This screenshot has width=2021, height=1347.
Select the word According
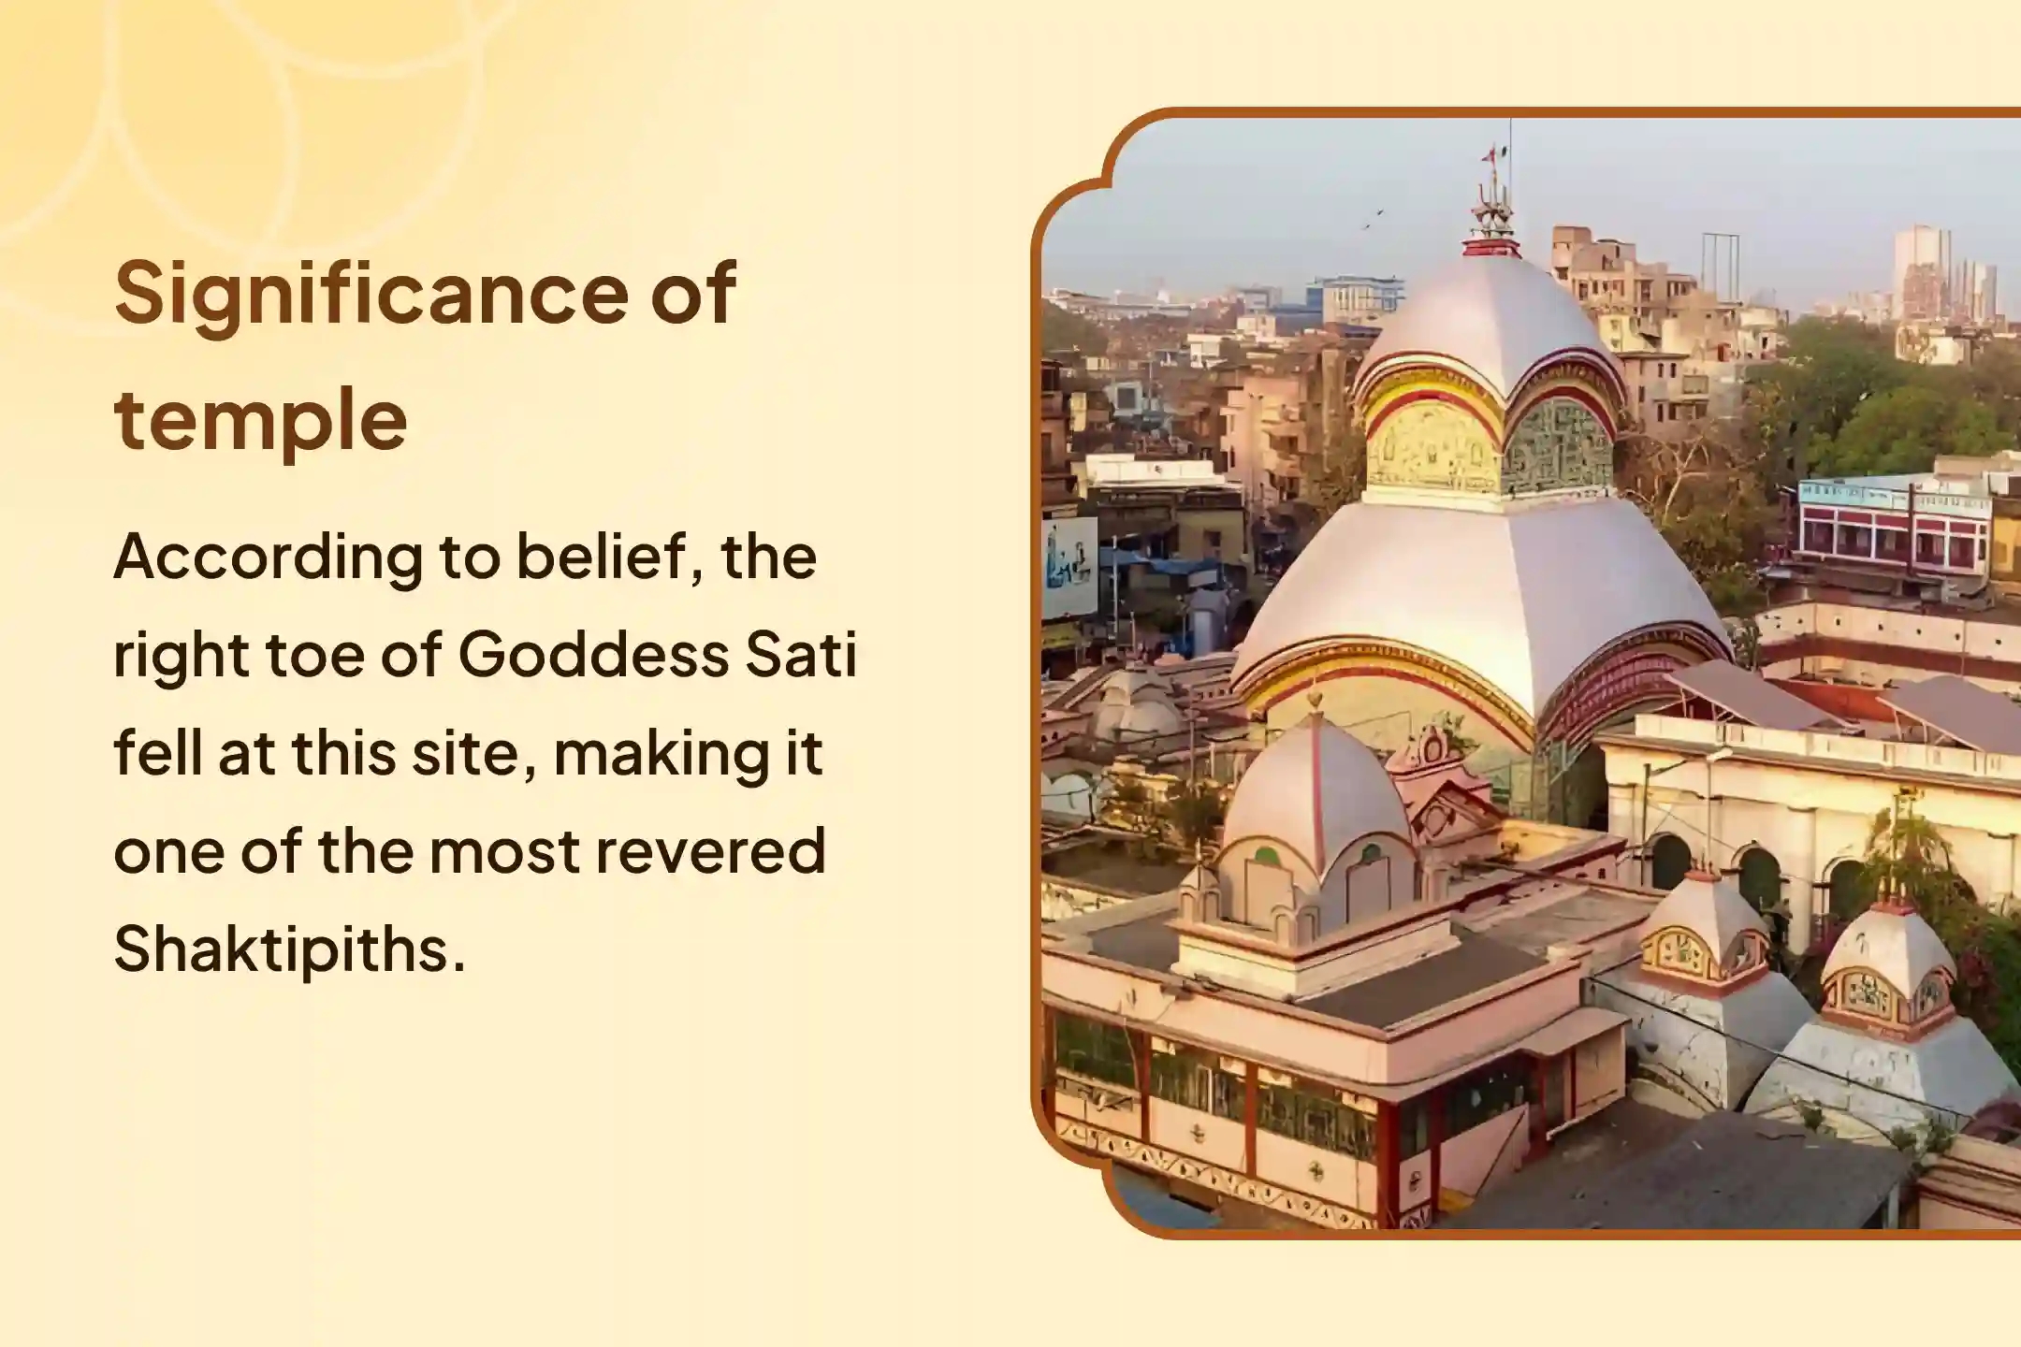[x=268, y=558]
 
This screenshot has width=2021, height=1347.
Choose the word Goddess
[x=592, y=655]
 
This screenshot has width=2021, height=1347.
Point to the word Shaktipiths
[x=289, y=949]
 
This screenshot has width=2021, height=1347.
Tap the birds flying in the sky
[x=1372, y=221]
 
